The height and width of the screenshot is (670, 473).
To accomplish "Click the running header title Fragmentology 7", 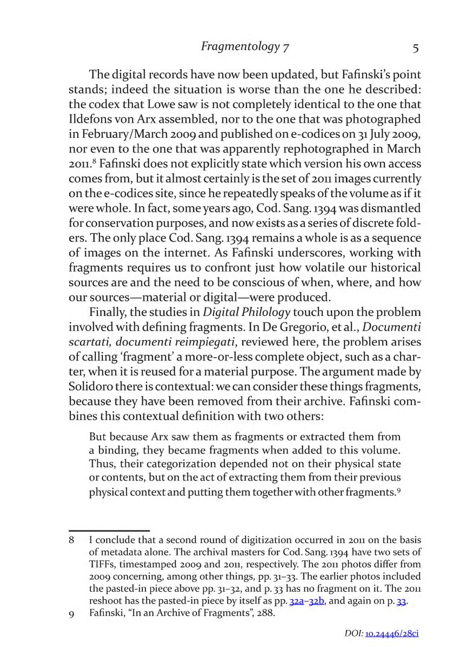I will [245, 47].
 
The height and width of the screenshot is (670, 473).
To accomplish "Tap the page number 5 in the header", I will [415, 48].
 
